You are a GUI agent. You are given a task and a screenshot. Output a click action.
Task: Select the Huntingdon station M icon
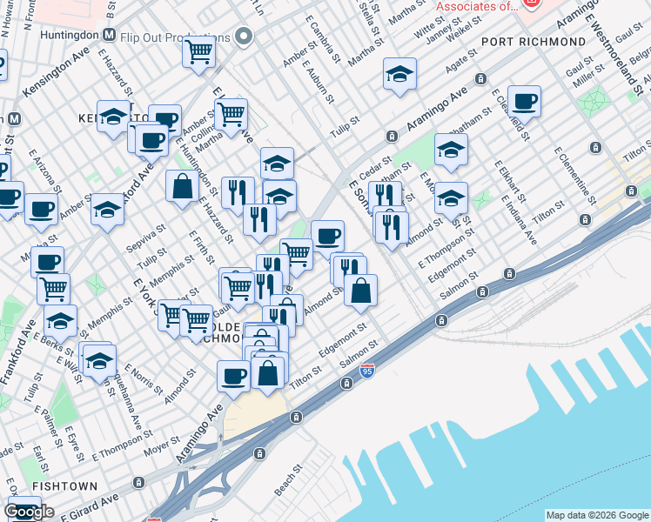click(x=109, y=36)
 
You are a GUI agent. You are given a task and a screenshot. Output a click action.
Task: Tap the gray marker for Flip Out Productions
click(x=243, y=37)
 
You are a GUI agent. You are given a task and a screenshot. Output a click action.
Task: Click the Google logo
click(x=29, y=512)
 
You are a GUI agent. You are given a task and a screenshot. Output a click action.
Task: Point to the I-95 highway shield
click(x=369, y=371)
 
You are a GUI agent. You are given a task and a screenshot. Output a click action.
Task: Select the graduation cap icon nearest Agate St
click(x=399, y=76)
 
